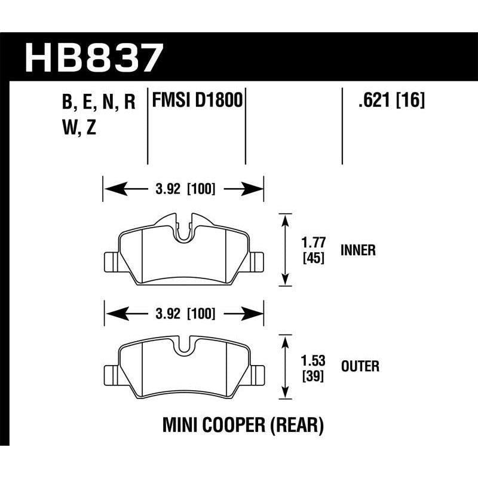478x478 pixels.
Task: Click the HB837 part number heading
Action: coord(94,58)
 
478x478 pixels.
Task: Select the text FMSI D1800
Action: coord(198,100)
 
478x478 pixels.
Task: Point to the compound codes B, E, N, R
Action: coord(99,102)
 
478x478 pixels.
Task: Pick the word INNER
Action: coord(358,250)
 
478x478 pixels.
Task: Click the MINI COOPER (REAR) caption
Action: coord(243,426)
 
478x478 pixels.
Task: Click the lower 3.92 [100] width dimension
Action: coord(183,312)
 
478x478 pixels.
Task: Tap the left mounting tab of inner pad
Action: coord(112,261)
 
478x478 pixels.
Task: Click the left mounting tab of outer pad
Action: coord(112,373)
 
